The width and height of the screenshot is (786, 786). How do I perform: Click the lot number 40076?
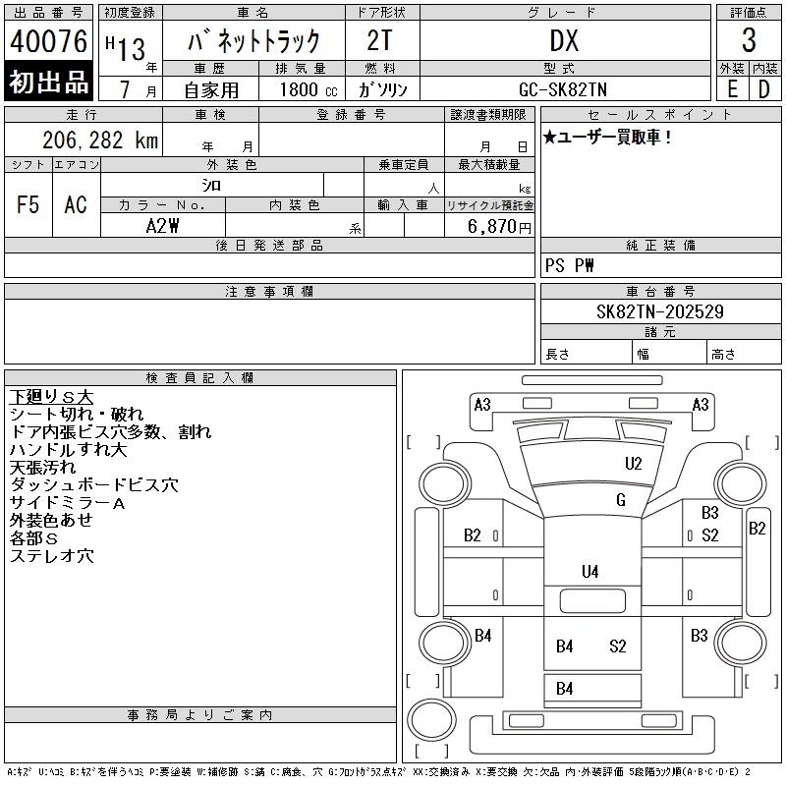[x=48, y=41]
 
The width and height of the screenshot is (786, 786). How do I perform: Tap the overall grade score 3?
[x=749, y=40]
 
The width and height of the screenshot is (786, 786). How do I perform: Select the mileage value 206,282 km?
[x=100, y=140]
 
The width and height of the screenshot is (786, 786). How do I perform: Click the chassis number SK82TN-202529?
[x=659, y=311]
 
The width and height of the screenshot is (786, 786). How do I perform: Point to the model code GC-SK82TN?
[x=563, y=89]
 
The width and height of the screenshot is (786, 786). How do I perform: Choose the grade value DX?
[x=564, y=40]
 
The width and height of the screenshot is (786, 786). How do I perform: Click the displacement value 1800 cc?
[x=309, y=89]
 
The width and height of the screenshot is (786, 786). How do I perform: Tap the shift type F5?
[x=28, y=204]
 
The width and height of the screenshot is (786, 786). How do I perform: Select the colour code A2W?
[x=162, y=226]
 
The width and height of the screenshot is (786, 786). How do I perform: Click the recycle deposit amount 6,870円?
[x=499, y=227]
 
